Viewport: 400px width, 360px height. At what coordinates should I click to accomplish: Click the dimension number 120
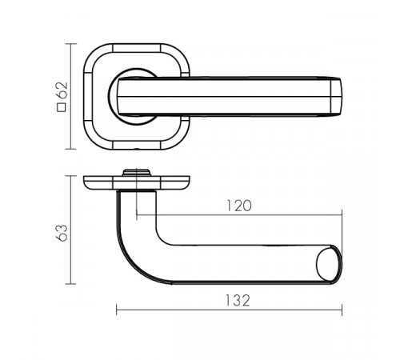point(239,206)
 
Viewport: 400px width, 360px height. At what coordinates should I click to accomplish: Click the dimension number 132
point(238,300)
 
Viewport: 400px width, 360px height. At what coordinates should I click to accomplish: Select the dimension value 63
point(62,233)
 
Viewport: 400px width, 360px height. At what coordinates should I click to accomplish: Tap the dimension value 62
point(62,90)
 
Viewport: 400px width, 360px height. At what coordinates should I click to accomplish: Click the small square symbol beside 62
point(62,107)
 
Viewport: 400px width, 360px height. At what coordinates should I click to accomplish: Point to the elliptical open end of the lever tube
point(329,264)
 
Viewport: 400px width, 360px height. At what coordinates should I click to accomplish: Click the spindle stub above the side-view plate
point(137,172)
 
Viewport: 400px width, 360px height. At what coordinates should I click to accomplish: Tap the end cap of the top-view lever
point(336,97)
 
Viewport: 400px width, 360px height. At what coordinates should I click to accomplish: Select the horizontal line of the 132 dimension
point(229,310)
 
